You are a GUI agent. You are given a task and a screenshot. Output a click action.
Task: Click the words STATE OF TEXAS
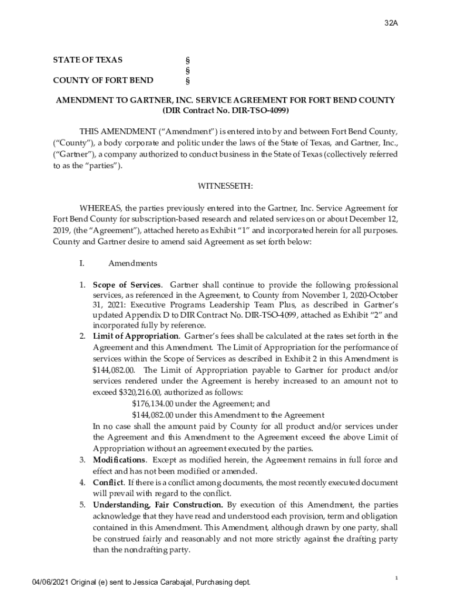(88, 60)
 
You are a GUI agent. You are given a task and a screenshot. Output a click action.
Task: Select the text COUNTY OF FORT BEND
(103, 80)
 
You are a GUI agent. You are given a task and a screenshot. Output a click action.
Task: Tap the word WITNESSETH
(225, 186)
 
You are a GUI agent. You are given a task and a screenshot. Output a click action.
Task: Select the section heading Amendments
(132, 264)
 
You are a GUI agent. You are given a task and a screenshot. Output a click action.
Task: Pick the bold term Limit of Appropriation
(136, 336)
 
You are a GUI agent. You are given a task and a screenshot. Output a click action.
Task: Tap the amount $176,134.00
(153, 403)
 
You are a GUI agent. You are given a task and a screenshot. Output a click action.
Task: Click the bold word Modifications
(119, 460)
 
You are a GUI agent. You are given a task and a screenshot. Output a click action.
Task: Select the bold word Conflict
(108, 482)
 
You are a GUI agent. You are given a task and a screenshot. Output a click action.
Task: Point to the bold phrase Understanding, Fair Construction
(158, 505)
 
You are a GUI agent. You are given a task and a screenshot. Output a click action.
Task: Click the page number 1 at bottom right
(397, 578)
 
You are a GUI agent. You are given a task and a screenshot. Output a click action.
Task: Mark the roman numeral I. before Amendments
(82, 264)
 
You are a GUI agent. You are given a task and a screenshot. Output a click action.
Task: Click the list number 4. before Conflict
(83, 482)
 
